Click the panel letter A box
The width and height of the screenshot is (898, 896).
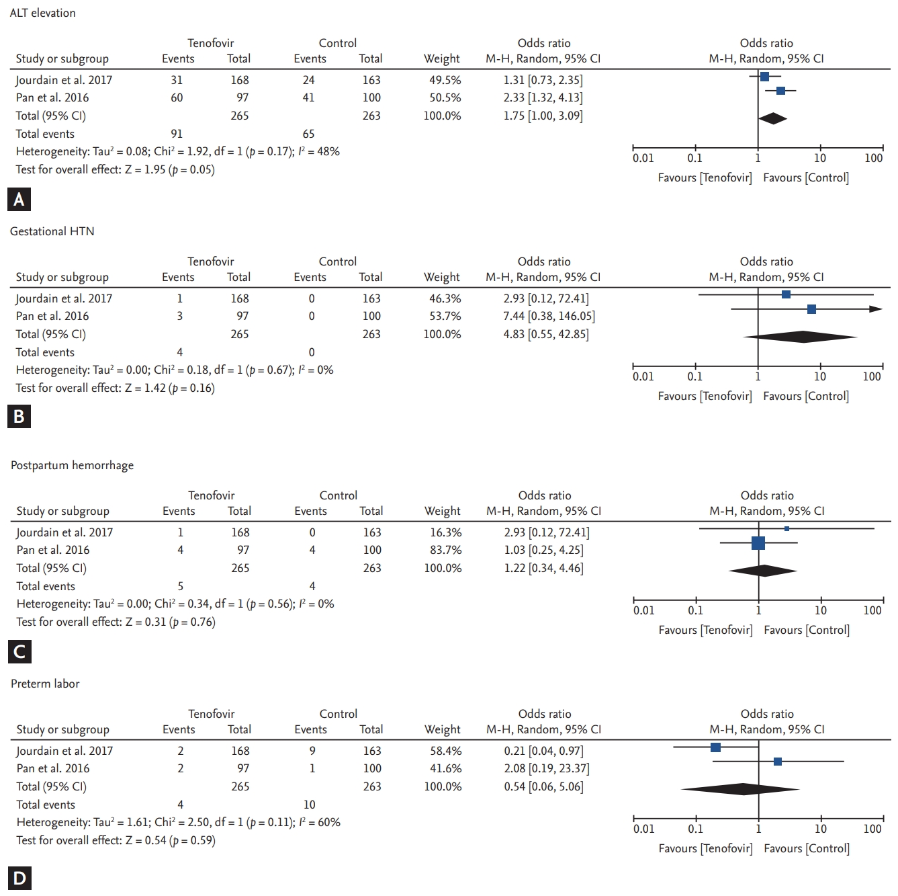[19, 200]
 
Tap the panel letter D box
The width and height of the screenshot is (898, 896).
[19, 878]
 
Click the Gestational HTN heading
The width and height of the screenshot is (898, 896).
[52, 231]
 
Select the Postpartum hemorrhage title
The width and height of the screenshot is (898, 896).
[72, 465]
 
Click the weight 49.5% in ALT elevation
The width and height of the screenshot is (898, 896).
[445, 80]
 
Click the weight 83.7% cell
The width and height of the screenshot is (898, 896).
[445, 550]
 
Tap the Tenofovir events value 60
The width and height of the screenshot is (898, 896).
[177, 97]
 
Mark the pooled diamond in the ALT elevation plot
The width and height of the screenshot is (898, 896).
[772, 119]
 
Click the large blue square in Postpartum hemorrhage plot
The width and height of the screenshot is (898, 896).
[758, 543]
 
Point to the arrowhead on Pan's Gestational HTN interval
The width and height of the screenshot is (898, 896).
[876, 309]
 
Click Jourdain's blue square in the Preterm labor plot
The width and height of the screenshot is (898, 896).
[715, 747]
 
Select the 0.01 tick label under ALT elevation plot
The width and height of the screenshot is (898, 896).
[643, 158]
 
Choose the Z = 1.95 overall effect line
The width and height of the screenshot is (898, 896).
[115, 169]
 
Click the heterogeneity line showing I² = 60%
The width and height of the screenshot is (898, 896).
[178, 822]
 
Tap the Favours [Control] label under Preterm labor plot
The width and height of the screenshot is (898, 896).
[806, 848]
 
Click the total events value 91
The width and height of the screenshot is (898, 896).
[177, 134]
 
